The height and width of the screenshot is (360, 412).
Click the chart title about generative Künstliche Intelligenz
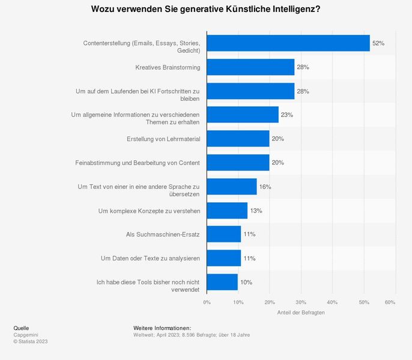pyautogui.click(x=205, y=10)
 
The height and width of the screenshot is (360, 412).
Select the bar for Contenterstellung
pyautogui.click(x=288, y=43)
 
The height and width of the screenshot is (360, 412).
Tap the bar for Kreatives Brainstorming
pyautogui.click(x=250, y=67)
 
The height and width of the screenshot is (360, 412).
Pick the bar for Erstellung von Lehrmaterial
pyautogui.click(x=238, y=139)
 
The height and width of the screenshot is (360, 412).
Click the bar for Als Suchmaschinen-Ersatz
pyautogui.click(x=223, y=234)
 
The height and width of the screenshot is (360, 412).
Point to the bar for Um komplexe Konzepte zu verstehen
pyautogui.click(x=227, y=211)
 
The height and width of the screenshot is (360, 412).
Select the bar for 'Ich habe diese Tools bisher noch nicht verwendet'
pyautogui.click(x=222, y=282)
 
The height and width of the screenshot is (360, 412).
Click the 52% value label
pyautogui.click(x=378, y=43)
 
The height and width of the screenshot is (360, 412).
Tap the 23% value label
pyautogui.click(x=287, y=115)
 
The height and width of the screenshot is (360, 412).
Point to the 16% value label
pyautogui.click(x=265, y=187)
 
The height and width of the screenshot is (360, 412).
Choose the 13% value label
pyautogui.click(x=256, y=211)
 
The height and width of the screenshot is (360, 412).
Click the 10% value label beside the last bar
pyautogui.click(x=246, y=282)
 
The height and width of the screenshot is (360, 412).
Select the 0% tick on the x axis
pyautogui.click(x=207, y=302)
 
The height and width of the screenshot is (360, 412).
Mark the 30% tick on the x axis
pyautogui.click(x=301, y=302)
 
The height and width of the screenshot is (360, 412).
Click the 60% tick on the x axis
pyautogui.click(x=390, y=302)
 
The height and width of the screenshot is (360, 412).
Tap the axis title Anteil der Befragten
pyautogui.click(x=300, y=313)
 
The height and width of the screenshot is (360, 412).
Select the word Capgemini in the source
pyautogui.click(x=25, y=335)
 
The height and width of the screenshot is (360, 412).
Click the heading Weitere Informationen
pyautogui.click(x=162, y=328)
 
